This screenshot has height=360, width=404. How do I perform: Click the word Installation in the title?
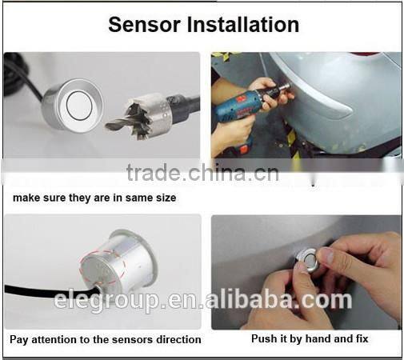245,24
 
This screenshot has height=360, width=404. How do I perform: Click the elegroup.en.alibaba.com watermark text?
203,300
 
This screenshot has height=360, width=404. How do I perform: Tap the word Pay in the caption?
19,339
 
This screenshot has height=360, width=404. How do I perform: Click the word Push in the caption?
264,338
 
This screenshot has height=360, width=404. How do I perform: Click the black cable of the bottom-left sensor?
40,289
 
